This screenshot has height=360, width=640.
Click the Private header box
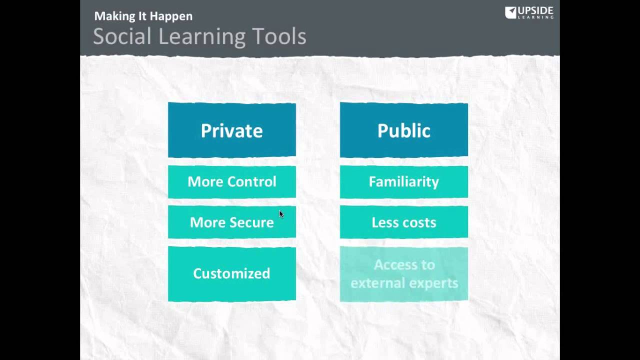231,130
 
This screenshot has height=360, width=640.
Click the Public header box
403,130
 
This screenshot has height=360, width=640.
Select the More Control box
231,181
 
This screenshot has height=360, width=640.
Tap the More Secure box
231,222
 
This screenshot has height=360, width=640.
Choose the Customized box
231,273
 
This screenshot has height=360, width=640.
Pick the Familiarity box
403,181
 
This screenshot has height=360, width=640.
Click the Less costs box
403,222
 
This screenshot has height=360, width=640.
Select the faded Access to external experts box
403,273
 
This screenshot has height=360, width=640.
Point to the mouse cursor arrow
281,213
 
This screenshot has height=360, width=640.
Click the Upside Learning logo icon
510,12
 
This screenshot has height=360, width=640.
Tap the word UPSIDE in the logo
535,10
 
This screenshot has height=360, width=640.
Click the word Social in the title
123,36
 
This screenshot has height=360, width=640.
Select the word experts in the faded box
432,283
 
